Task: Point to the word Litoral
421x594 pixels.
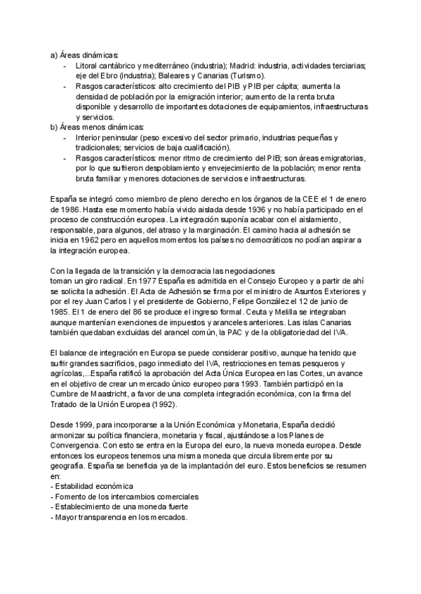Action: click(87, 65)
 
